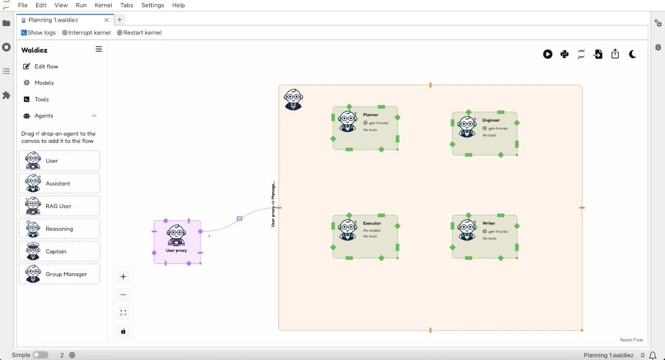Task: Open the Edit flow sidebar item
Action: (x=46, y=66)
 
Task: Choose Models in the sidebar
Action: (x=44, y=83)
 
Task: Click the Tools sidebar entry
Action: (x=42, y=99)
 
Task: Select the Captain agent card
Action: (x=59, y=251)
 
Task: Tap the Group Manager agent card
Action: (x=59, y=274)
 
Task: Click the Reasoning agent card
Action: (x=59, y=229)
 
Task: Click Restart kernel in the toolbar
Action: (x=139, y=33)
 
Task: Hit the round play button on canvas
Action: (x=548, y=54)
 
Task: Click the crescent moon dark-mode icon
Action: (x=632, y=54)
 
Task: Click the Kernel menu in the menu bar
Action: (x=103, y=5)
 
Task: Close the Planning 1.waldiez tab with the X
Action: (x=107, y=20)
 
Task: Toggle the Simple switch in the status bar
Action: (x=41, y=355)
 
